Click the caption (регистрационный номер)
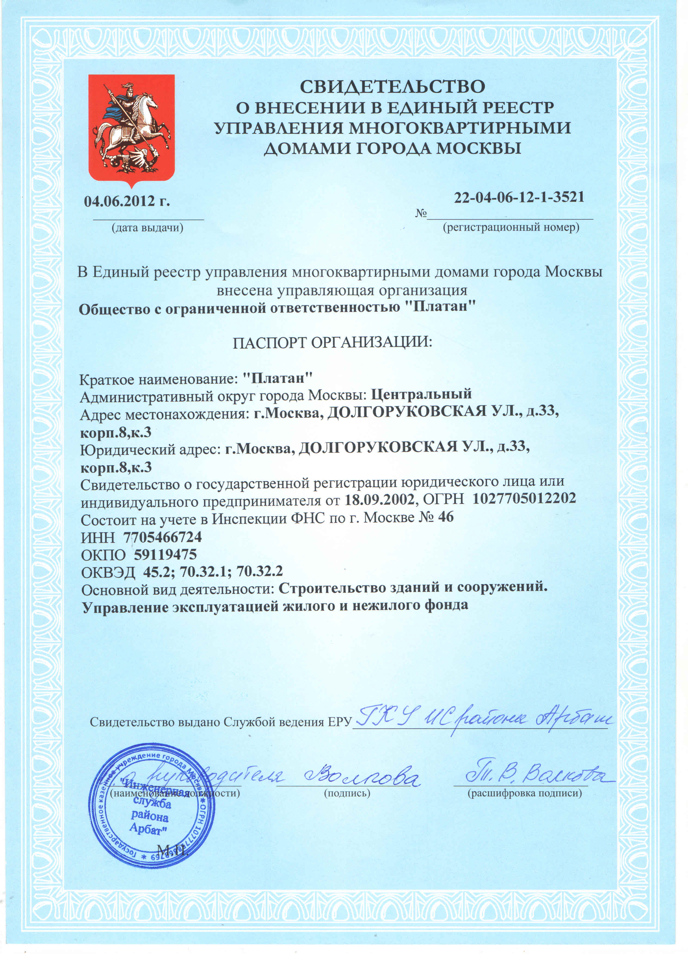511,228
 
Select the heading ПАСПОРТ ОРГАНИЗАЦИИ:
332,343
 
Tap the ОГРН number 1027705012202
524,499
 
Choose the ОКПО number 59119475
165,554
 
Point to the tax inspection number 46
446,517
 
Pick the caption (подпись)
347,793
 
